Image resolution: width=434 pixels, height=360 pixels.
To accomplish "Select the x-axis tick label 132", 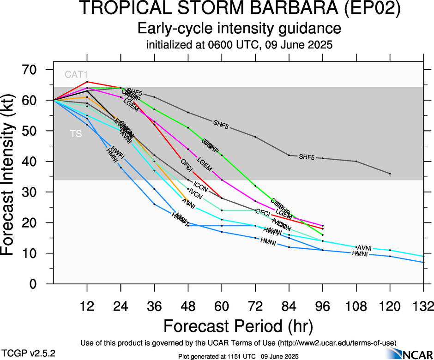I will pyautogui.click(x=423, y=306).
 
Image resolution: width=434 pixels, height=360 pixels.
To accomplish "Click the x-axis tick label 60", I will pyautogui.click(x=222, y=306).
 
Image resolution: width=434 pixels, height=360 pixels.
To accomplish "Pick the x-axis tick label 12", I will pyautogui.click(x=87, y=306).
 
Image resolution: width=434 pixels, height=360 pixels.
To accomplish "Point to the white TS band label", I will pyautogui.click(x=76, y=134).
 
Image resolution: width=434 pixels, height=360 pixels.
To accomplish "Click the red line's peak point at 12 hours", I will pyautogui.click(x=87, y=82).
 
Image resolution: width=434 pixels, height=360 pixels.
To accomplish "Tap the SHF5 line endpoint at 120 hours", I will pyautogui.click(x=390, y=174).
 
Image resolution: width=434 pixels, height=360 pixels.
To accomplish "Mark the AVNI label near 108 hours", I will pyautogui.click(x=365, y=248).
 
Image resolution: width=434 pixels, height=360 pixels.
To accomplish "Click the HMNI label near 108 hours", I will pyautogui.click(x=360, y=254).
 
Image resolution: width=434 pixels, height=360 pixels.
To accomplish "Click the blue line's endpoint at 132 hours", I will pyautogui.click(x=423, y=262).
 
